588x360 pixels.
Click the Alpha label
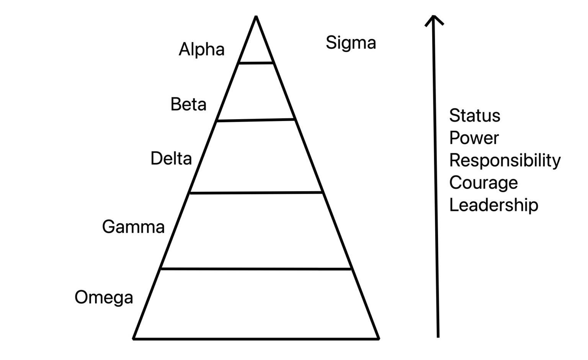[201, 49]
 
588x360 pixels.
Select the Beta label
[188, 104]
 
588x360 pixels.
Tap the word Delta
[171, 159]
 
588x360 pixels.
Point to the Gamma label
[133, 227]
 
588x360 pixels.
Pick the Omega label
[104, 297]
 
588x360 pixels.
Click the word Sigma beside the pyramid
[351, 43]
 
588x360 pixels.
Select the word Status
[474, 116]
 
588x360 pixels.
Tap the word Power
[474, 138]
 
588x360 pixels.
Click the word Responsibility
[505, 160]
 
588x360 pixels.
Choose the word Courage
[483, 182]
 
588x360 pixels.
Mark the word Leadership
[493, 205]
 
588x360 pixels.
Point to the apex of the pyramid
[256, 17]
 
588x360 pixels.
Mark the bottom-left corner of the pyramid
[134, 338]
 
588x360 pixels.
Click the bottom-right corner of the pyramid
[379, 338]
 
